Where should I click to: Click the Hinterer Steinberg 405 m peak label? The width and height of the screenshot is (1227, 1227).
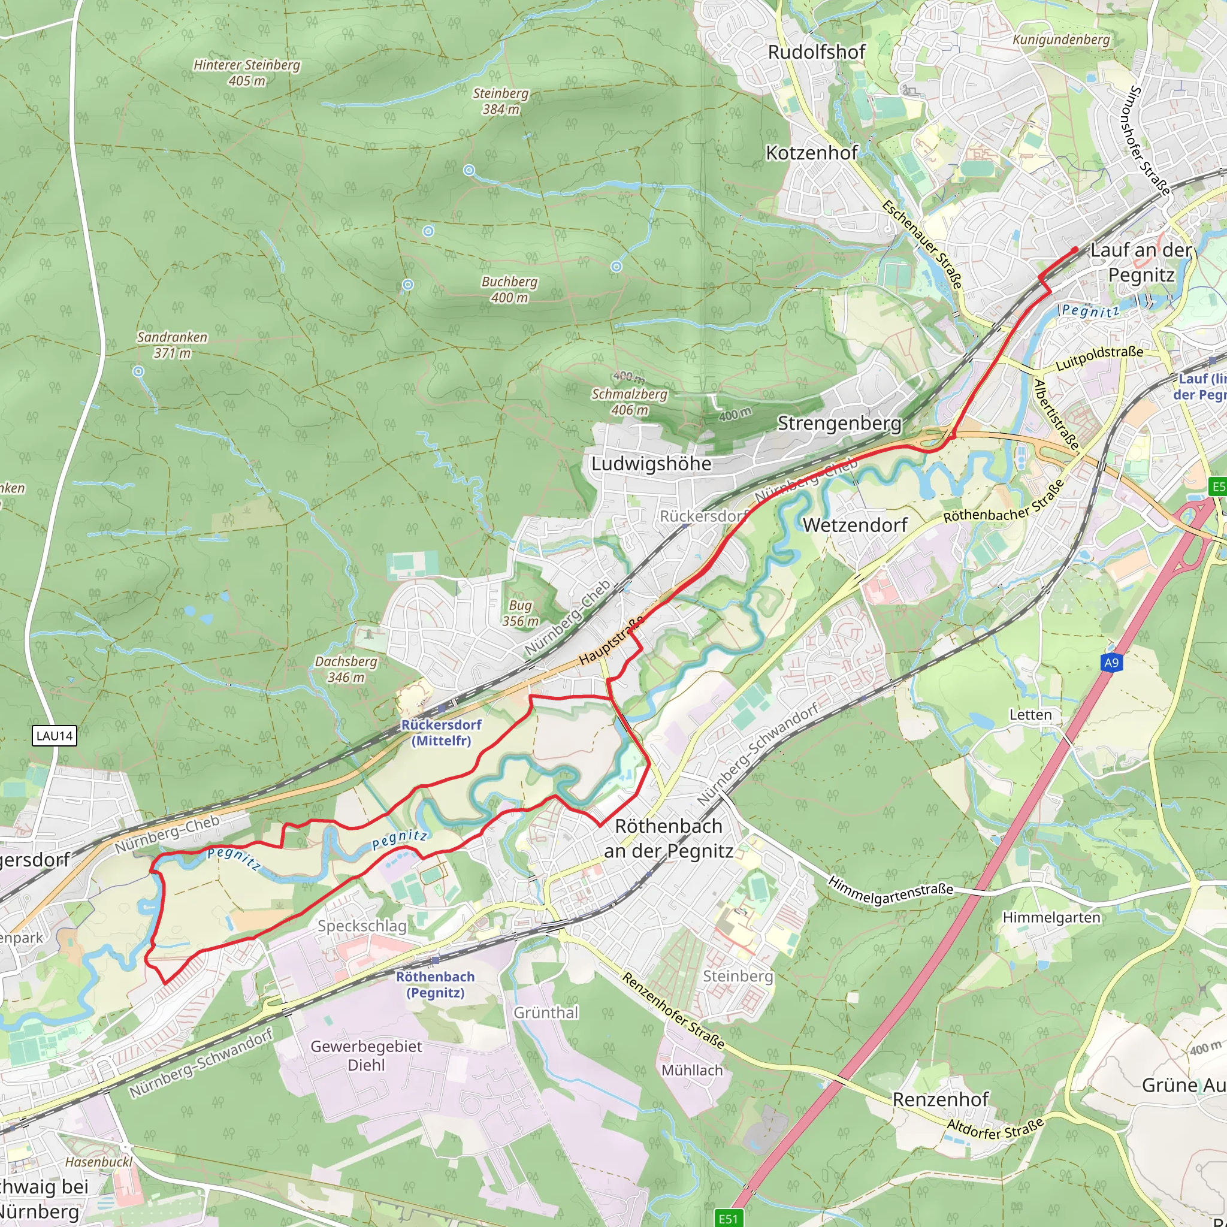pyautogui.click(x=246, y=72)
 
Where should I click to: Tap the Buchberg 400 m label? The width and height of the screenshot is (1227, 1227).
pyautogui.click(x=509, y=289)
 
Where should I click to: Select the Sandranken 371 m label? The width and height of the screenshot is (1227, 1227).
pyautogui.click(x=172, y=344)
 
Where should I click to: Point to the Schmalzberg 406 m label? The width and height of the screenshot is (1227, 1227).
pyautogui.click(x=630, y=401)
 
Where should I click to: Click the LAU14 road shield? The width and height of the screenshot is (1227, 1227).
pyautogui.click(x=55, y=736)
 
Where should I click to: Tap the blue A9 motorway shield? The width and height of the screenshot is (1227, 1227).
pyautogui.click(x=1111, y=663)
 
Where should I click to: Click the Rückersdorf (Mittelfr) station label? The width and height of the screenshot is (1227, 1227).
pyautogui.click(x=442, y=732)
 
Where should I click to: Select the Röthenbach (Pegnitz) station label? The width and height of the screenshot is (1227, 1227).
pyautogui.click(x=435, y=984)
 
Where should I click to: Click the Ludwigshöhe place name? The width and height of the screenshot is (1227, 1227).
pyautogui.click(x=651, y=464)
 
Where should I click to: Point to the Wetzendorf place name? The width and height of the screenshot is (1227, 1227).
pyautogui.click(x=855, y=525)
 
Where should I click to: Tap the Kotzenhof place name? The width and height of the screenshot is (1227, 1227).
pyautogui.click(x=812, y=153)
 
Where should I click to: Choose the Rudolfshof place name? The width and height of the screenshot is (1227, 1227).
pyautogui.click(x=816, y=52)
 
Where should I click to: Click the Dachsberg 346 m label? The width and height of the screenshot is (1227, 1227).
pyautogui.click(x=346, y=669)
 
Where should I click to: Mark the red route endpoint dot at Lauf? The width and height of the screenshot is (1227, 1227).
pyautogui.click(x=1075, y=250)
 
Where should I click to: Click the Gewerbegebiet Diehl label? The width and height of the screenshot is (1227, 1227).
pyautogui.click(x=366, y=1055)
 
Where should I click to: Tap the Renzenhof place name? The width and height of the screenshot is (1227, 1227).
pyautogui.click(x=941, y=1099)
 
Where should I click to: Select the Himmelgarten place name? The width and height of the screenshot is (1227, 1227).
pyautogui.click(x=1051, y=917)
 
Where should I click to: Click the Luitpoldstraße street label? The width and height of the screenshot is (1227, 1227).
pyautogui.click(x=1099, y=359)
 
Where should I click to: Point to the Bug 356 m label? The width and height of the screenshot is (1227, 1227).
pyautogui.click(x=520, y=613)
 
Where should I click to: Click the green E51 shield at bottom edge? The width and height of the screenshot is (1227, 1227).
pyautogui.click(x=728, y=1218)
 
